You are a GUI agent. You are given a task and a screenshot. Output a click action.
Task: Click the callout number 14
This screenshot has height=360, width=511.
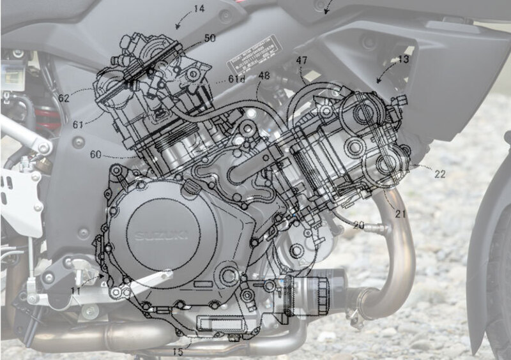(x=199, y=9)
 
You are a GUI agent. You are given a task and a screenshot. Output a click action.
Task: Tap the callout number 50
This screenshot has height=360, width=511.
(x=210, y=39)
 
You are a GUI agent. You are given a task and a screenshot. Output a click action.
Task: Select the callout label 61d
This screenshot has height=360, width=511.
(x=237, y=79)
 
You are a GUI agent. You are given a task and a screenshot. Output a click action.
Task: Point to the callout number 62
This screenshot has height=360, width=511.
(x=63, y=99)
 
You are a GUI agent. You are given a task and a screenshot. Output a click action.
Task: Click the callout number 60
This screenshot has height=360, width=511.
(x=95, y=154)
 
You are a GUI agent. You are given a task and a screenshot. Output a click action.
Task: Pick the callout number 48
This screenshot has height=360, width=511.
(x=264, y=75)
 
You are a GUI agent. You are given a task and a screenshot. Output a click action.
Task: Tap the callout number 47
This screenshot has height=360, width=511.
(x=302, y=61)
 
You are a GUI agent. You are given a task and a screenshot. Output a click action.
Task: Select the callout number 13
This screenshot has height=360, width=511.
(x=402, y=60)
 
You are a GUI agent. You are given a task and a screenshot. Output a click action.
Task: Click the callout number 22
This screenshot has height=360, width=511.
(x=439, y=174)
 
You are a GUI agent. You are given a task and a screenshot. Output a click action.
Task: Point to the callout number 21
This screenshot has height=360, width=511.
(x=400, y=214)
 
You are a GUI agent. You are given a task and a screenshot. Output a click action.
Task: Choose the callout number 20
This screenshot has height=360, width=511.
(x=358, y=225)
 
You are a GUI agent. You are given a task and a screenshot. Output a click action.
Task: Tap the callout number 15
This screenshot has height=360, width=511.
(x=178, y=350)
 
